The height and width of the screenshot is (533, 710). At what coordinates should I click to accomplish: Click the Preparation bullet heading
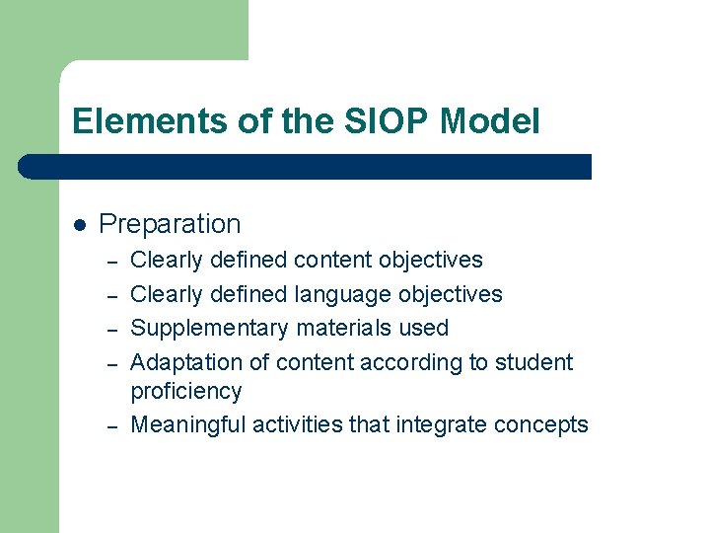coord(170,224)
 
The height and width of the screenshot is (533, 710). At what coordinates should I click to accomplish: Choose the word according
coord(412,362)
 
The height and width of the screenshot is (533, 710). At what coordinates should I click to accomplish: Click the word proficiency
coord(185,392)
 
